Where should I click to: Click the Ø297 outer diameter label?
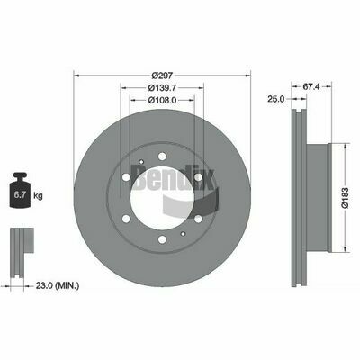pos(162,75)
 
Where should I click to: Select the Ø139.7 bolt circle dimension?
pos(162,87)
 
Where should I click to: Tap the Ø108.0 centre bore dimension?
pos(162,100)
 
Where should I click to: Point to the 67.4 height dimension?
pos(311,87)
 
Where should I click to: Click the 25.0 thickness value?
pos(275,99)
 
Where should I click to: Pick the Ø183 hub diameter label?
pos(345,198)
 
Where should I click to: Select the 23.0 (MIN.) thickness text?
pos(58,285)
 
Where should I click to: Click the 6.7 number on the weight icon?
pos(20,195)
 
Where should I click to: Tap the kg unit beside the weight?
pos(38,196)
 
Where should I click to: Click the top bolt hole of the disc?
pos(162,157)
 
